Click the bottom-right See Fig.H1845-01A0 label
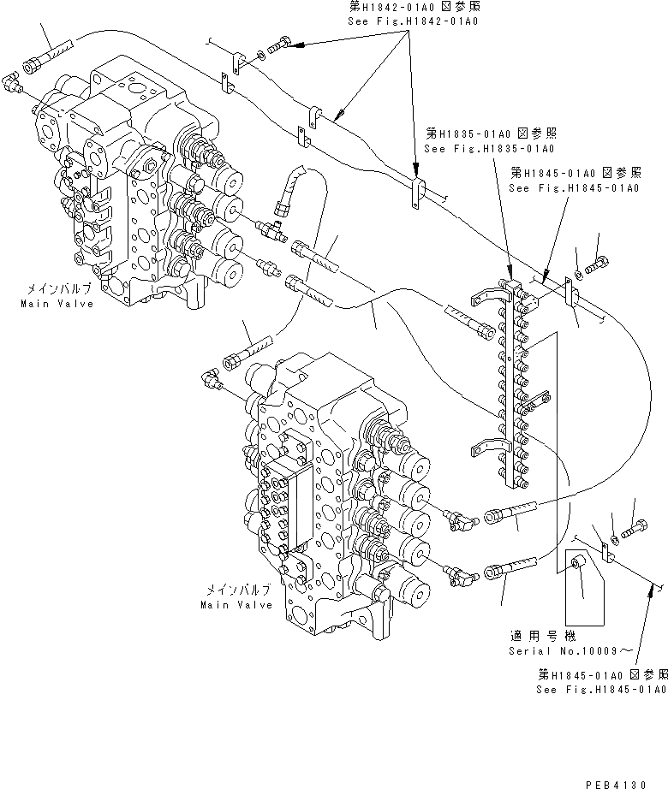pyautogui.click(x=600, y=689)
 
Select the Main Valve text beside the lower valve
pyautogui.click(x=236, y=604)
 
